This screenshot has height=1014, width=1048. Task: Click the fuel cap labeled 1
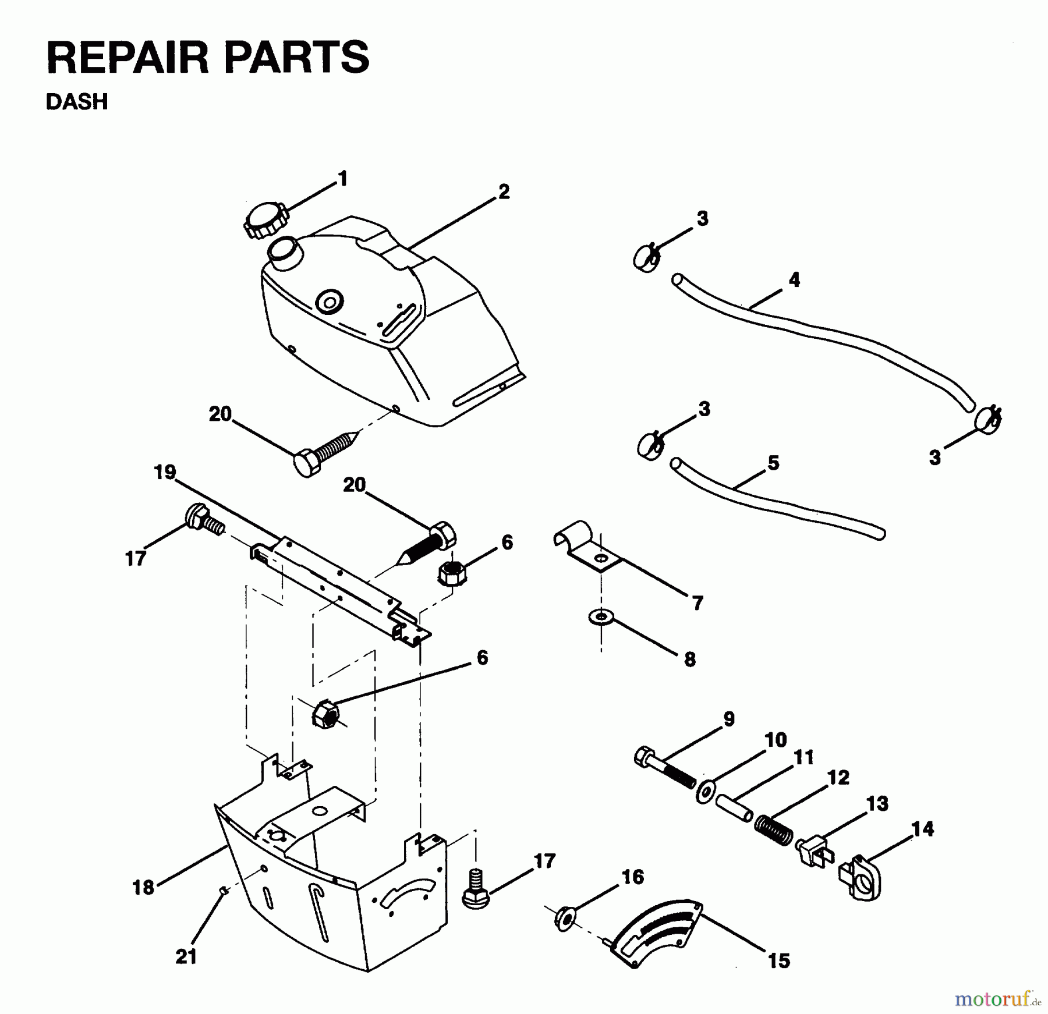point(265,219)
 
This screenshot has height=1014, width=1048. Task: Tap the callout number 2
point(504,192)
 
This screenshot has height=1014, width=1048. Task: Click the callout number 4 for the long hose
point(794,279)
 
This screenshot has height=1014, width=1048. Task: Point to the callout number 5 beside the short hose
point(773,463)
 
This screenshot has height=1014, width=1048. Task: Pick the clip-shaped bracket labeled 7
point(588,549)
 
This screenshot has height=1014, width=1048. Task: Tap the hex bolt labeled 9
point(665,768)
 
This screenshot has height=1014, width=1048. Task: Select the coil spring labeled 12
point(774,830)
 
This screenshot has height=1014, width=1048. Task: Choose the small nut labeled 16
point(564,919)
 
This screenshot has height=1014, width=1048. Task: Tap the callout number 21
point(186,956)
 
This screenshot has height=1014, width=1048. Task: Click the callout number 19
point(165,471)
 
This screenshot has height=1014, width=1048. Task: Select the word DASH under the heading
point(77,102)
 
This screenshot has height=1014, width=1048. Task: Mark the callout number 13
point(877,804)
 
